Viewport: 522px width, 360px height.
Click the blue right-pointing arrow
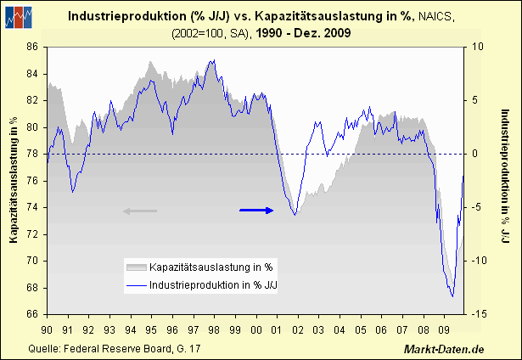(x=257, y=210)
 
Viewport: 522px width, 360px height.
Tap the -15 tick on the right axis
(x=478, y=314)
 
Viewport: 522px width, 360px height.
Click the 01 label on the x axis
(x=275, y=329)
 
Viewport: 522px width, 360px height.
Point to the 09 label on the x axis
(x=441, y=329)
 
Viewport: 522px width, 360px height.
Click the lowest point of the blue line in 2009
(x=452, y=296)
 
